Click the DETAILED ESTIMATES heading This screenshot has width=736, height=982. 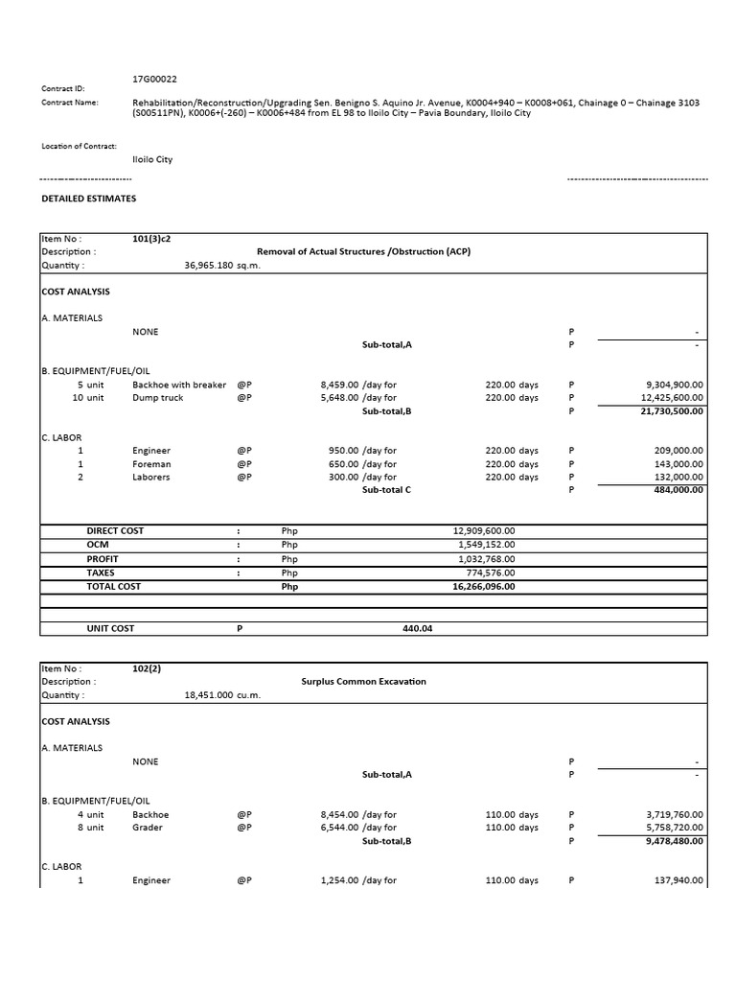coord(88,199)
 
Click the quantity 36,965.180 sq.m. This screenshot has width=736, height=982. coord(222,266)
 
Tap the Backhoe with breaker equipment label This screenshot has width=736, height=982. coord(179,385)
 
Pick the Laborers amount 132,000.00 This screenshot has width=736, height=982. coord(675,477)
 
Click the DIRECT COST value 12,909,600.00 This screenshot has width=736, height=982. coord(483,530)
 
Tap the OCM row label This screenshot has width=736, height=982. coord(100,544)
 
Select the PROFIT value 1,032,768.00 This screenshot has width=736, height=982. coord(486,558)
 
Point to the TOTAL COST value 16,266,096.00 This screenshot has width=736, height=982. coord(483,586)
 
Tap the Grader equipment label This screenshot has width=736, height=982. coord(148,828)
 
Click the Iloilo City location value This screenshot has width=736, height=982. coord(152,159)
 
